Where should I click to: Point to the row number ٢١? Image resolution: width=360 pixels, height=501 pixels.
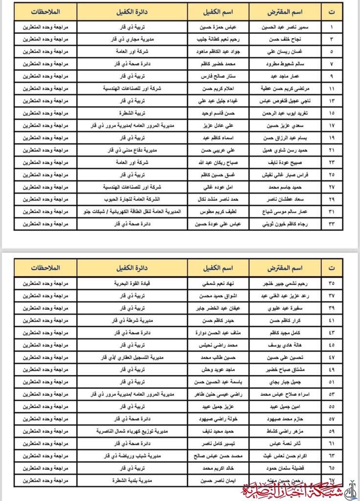332,150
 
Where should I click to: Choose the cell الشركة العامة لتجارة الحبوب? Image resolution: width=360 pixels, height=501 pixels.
132,199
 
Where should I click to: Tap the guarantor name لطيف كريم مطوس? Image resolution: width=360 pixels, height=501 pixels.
218,211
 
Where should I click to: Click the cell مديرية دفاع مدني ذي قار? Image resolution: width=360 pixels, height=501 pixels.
132,150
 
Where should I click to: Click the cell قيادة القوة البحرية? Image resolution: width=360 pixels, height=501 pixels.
132,283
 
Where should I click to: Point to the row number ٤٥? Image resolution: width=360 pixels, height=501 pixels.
332,344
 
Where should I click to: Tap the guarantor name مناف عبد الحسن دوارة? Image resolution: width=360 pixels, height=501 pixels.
218,332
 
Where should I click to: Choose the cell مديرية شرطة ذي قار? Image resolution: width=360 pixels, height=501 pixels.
132,320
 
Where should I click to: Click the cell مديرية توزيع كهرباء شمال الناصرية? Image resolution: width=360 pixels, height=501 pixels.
132,431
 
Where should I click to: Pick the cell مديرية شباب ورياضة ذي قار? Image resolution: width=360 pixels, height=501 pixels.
132,455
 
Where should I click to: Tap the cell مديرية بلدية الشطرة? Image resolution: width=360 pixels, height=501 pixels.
132,480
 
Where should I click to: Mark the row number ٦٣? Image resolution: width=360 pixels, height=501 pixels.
332,455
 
